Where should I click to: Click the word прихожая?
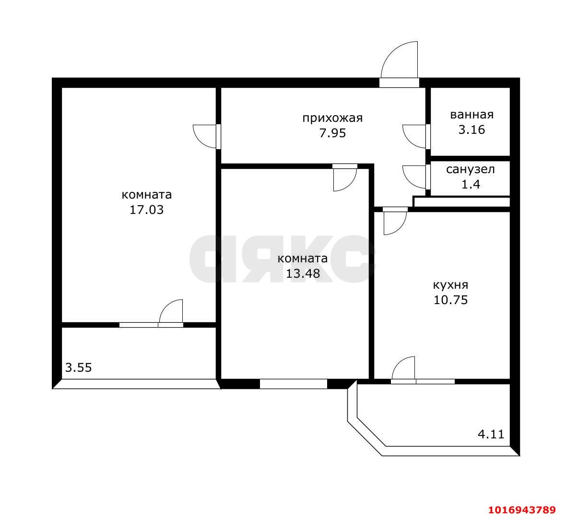332,118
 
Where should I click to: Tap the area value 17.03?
147,210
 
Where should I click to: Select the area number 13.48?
303,273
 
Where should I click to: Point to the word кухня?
450,285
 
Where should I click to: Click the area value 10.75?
450,300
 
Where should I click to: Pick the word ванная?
472,115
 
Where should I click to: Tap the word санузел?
471,169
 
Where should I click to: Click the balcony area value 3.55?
78,368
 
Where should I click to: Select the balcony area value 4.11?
491,434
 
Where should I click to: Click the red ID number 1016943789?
522,510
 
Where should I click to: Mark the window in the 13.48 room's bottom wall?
294,384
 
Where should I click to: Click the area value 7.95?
332,133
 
